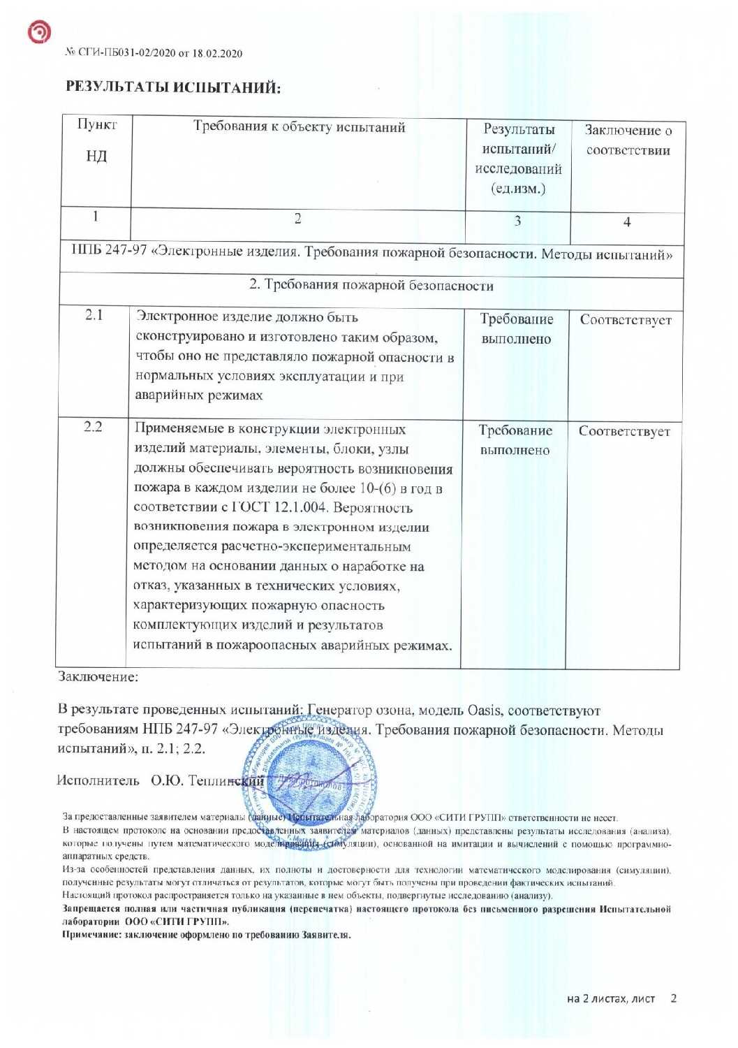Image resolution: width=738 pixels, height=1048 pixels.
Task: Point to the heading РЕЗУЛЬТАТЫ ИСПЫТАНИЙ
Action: coord(173,87)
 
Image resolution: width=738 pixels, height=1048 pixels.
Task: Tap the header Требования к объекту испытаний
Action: coord(299,127)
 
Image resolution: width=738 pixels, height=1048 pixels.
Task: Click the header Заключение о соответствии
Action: coord(628,140)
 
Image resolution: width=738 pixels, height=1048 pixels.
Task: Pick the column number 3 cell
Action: coord(517,221)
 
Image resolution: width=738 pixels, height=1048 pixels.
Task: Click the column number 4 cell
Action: coord(626,222)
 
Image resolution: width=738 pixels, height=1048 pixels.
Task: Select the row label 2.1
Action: coord(94,315)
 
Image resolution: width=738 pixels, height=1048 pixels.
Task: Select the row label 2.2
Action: coord(94,426)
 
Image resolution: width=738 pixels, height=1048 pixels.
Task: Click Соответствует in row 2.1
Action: coord(626,320)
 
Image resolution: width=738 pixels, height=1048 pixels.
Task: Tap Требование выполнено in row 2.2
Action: coord(515,440)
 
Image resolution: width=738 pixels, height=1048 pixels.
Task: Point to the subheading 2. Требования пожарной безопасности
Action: coord(371,286)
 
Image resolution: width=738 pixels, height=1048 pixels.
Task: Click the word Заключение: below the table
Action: coord(98,676)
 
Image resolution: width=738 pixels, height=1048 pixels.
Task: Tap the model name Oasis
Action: coord(484,711)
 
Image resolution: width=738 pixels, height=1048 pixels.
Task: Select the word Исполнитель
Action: coord(98,780)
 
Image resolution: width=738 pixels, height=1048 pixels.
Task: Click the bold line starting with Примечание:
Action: coord(207,934)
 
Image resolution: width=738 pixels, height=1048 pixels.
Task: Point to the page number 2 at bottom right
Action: coord(673,998)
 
